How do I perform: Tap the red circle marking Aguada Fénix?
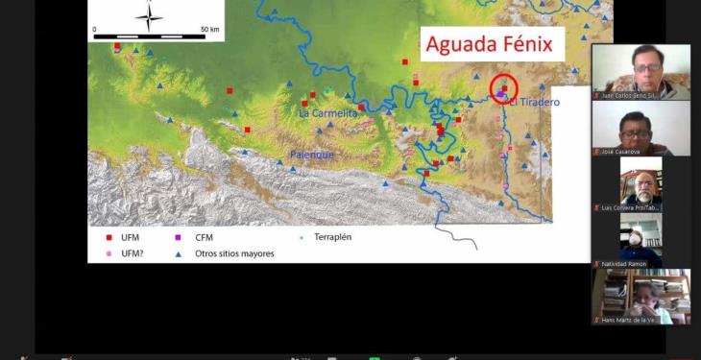tap(504, 88)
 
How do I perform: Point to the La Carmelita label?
tap(327, 113)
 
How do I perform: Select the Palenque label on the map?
tap(312, 155)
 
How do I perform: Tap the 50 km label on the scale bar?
tap(210, 30)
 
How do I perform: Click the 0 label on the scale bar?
tap(95, 30)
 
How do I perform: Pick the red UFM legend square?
tap(109, 236)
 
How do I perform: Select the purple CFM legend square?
tap(179, 236)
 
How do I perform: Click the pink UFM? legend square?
tap(109, 253)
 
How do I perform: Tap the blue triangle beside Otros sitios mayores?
tap(179, 253)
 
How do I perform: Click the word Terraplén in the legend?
tap(332, 236)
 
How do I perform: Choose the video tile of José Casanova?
tap(641, 128)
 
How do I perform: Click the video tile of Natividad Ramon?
tap(641, 240)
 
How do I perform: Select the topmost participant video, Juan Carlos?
tap(641, 72)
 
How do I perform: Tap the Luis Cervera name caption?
tap(629, 207)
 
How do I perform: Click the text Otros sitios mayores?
tap(234, 253)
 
